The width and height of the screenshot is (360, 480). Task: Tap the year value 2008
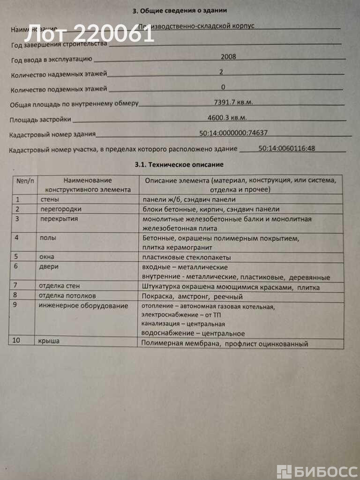[228, 57]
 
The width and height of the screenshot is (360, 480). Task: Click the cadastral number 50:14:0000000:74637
[233, 133]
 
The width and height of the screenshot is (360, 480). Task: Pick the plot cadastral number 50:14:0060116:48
[286, 148]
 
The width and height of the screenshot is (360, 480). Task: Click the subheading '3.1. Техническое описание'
[179, 165]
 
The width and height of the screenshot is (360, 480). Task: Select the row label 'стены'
[50, 199]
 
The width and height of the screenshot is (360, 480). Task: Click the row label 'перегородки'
[60, 209]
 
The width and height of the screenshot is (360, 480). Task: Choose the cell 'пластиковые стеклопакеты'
[187, 257]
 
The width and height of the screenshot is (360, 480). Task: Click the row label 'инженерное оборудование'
[83, 306]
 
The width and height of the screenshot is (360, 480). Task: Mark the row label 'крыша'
[49, 341]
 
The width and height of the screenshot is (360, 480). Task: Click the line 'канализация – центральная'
[183, 324]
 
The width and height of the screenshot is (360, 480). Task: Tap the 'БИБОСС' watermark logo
[317, 472]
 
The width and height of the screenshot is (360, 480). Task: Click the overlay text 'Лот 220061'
[89, 34]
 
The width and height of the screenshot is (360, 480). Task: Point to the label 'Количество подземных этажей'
[59, 89]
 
